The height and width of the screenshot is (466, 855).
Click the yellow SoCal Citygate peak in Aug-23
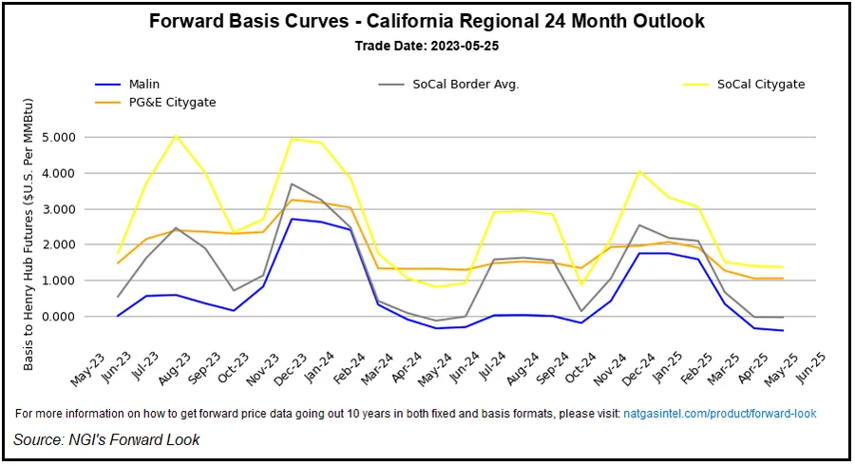pos(176,135)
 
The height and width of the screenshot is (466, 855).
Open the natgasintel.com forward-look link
pos(719,414)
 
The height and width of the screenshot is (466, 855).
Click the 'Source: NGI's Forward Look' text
pos(106,439)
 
